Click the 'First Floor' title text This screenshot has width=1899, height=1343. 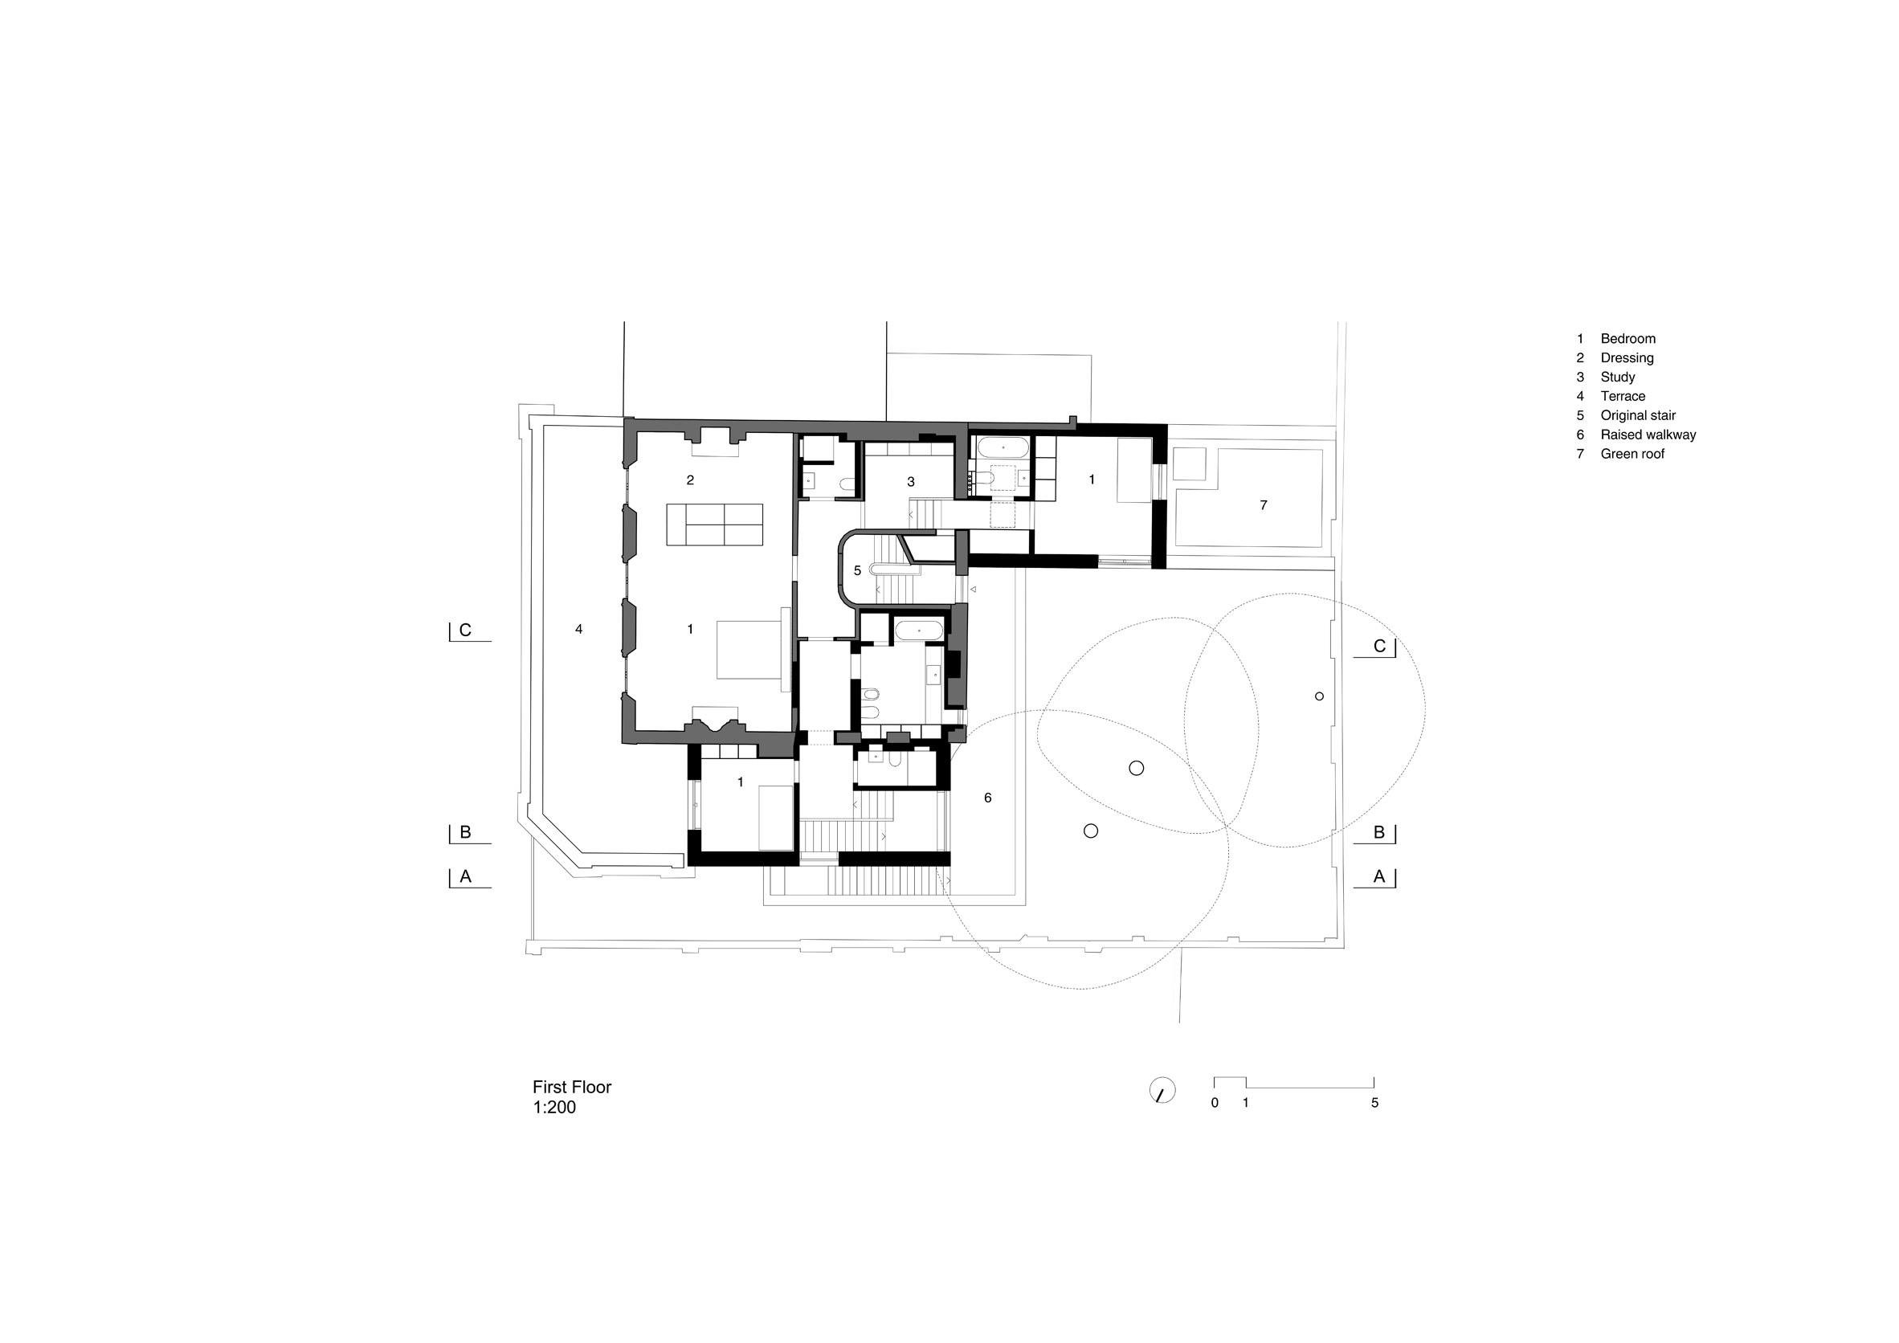tap(571, 1088)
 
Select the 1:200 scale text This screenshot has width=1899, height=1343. tap(554, 1108)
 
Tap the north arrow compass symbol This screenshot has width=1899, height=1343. tap(1162, 1090)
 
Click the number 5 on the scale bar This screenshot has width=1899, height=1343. tap(1374, 1102)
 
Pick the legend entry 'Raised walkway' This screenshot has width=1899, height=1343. tap(1648, 435)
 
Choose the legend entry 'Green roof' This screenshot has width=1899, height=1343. tap(1632, 453)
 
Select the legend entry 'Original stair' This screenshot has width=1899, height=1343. tap(1638, 415)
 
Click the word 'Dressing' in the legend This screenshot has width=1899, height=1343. tap(1627, 358)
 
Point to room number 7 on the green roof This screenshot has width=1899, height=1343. tap(1263, 505)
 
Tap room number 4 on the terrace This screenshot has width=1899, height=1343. tap(579, 629)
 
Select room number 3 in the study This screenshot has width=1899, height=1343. tap(911, 481)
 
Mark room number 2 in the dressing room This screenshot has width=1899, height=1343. tap(690, 480)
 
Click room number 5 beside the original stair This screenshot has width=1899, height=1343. tap(858, 570)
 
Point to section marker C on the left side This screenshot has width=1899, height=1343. tap(465, 631)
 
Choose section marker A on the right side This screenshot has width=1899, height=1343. tap(1378, 876)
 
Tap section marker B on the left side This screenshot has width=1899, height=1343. tap(465, 832)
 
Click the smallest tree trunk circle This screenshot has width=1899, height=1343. tap(1319, 696)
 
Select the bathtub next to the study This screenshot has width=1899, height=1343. tap(1003, 448)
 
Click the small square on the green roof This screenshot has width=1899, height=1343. tap(1190, 464)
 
